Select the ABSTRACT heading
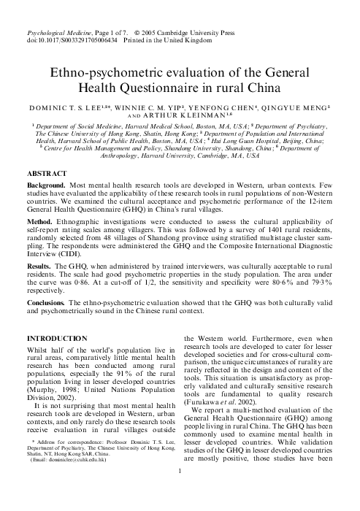[48, 174]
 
